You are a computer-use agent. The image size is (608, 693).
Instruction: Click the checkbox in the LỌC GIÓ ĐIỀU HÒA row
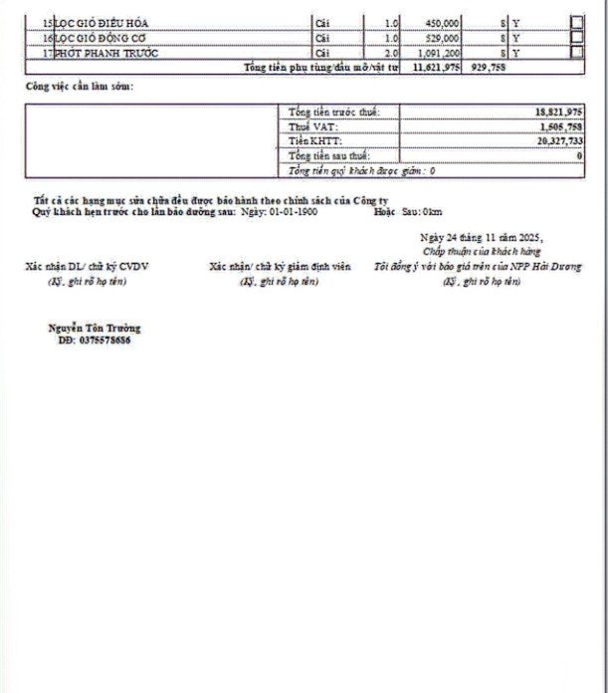[576, 21]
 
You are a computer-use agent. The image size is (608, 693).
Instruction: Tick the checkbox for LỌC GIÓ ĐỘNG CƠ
[576, 36]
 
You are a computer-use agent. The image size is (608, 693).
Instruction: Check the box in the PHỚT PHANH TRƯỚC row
[576, 52]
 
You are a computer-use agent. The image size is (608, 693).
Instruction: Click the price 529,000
[442, 37]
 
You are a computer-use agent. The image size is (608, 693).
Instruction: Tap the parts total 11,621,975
[435, 67]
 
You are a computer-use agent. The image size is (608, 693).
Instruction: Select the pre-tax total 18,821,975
[558, 113]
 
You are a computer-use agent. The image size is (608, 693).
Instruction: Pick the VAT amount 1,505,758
[561, 127]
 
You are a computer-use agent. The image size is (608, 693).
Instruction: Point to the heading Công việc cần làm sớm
[80, 88]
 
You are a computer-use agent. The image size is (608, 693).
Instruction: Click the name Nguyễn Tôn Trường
[95, 328]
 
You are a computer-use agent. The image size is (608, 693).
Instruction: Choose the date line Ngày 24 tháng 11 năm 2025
[482, 239]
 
